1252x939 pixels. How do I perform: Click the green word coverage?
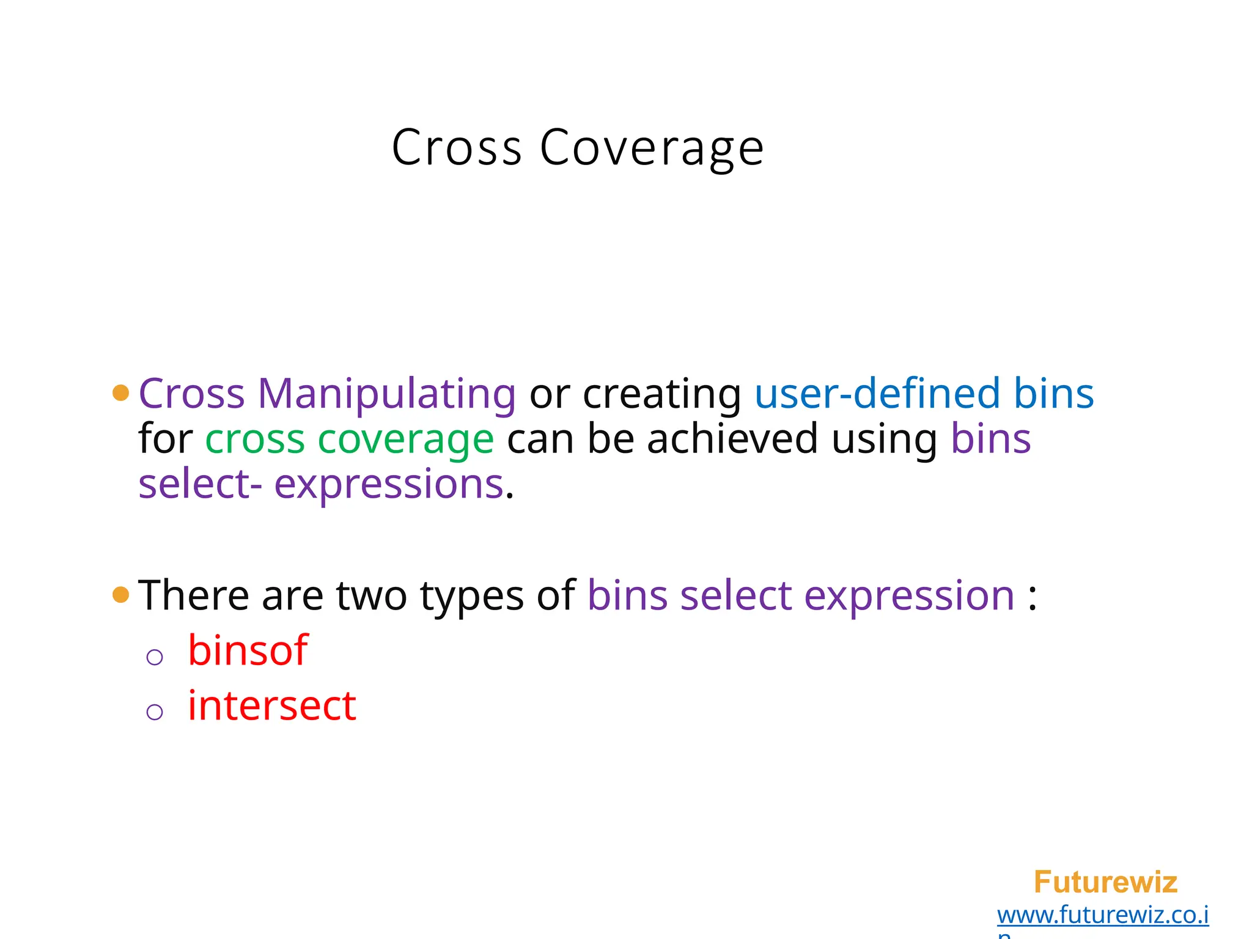click(405, 439)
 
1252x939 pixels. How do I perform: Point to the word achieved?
click(732, 439)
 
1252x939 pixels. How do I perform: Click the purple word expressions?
click(389, 484)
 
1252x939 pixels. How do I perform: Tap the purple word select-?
click(200, 484)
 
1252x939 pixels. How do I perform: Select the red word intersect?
click(271, 705)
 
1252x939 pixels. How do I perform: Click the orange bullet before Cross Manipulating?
click(121, 393)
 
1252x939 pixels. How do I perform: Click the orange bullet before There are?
click(121, 595)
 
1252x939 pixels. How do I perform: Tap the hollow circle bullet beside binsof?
click(155, 657)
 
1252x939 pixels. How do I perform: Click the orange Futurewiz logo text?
click(1105, 882)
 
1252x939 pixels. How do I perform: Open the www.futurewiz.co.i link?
click(1102, 915)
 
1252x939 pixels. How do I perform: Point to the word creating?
click(661, 394)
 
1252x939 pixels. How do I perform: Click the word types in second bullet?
click(471, 596)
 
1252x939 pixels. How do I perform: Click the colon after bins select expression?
click(1033, 596)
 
